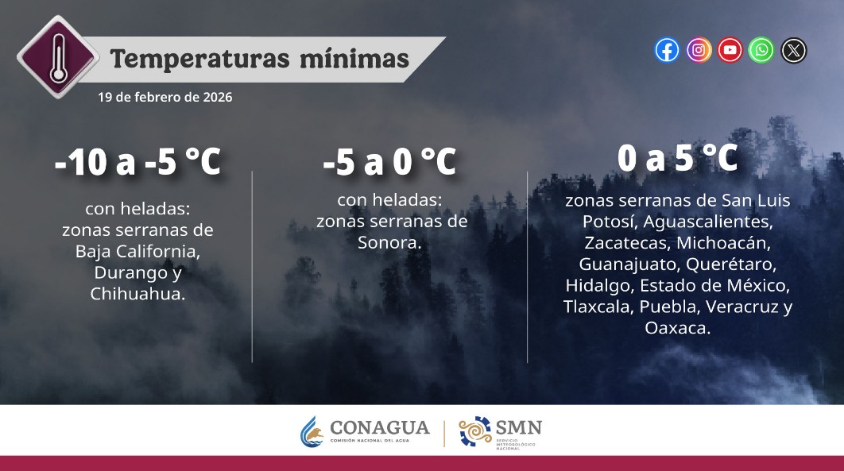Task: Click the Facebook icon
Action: point(668,50)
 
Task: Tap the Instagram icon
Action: point(699,50)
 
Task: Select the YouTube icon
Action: point(730,50)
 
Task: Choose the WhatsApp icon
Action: point(761,50)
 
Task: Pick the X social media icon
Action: point(793,50)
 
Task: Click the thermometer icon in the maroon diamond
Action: point(58,56)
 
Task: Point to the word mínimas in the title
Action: point(360,59)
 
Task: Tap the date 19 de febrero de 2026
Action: point(165,98)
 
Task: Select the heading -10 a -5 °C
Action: point(137,163)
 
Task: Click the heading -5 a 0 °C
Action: point(389,163)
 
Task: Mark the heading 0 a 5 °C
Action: point(678,159)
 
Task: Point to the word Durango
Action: point(124,273)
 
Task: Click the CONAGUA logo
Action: point(365,431)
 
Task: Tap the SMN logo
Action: point(501,431)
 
